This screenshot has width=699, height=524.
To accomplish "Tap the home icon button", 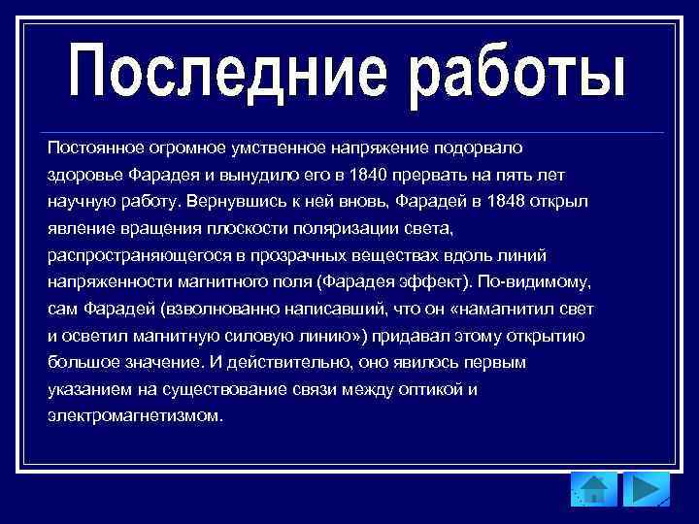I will [x=593, y=489].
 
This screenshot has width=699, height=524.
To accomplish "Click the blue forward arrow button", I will [x=646, y=489].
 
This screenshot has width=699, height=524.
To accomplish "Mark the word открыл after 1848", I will [x=568, y=202].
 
